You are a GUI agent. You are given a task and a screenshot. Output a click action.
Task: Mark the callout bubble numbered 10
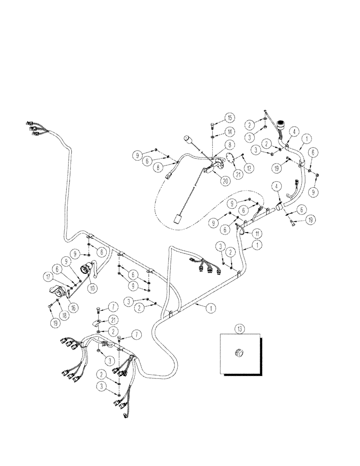click(x=94, y=288)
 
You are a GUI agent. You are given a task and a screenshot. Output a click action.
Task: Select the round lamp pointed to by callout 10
click(x=87, y=269)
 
